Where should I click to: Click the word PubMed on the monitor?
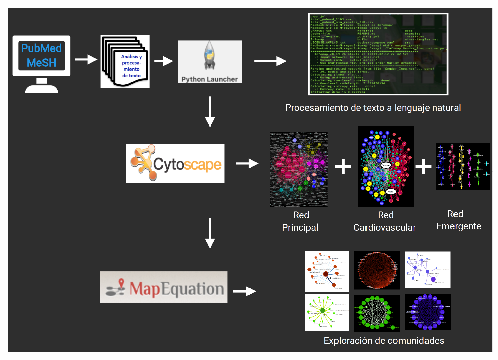[x=41, y=48]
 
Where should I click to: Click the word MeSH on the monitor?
[x=41, y=63]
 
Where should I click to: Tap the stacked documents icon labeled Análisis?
[x=125, y=62]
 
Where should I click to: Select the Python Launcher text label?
[x=209, y=79]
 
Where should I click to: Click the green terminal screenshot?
[x=378, y=54]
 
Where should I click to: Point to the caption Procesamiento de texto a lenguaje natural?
[x=373, y=108]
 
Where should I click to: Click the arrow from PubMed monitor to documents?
[x=86, y=60]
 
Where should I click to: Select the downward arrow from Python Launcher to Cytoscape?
[x=210, y=112]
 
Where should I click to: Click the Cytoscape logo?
[x=175, y=163]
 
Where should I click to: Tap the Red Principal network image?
[x=299, y=169]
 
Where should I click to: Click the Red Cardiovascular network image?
[x=386, y=166]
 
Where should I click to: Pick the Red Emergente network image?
[x=463, y=166]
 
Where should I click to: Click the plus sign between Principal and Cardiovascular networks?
[x=343, y=166]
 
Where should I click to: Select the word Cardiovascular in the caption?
[x=384, y=228]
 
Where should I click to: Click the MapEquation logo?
[x=164, y=287]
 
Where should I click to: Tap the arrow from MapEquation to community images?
[x=244, y=291]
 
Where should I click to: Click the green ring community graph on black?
[x=377, y=313]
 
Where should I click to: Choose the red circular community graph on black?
[x=377, y=270]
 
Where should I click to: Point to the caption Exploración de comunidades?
[x=384, y=341]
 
